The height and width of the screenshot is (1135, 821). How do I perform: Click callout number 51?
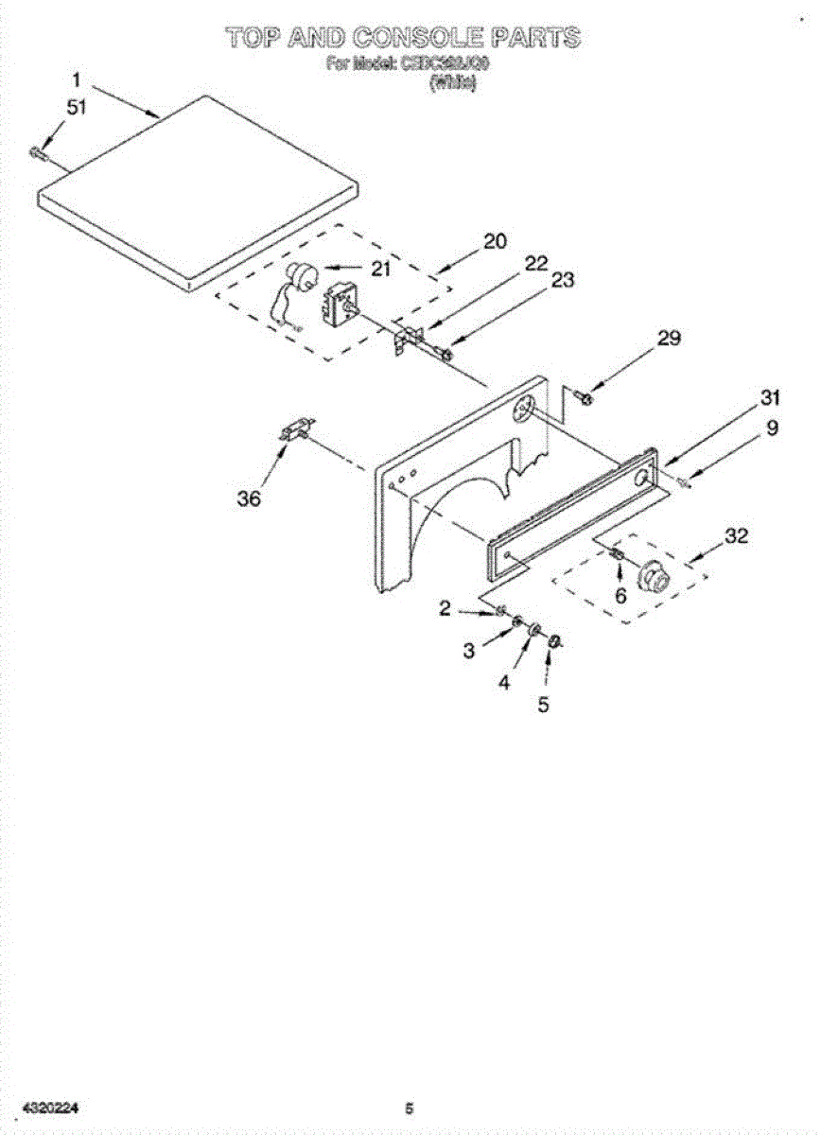click(77, 108)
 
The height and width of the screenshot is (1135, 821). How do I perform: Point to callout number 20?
click(495, 241)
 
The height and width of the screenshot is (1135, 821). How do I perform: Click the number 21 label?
click(380, 269)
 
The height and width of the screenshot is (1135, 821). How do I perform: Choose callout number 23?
click(563, 281)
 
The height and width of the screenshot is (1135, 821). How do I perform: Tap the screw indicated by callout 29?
click(585, 397)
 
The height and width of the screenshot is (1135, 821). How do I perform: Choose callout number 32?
click(736, 536)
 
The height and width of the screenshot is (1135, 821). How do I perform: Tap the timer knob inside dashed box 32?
click(652, 575)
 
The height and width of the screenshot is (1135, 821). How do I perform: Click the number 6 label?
click(620, 596)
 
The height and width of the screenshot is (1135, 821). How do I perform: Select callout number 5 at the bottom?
click(543, 705)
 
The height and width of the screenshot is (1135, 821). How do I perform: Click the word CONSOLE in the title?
click(418, 38)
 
